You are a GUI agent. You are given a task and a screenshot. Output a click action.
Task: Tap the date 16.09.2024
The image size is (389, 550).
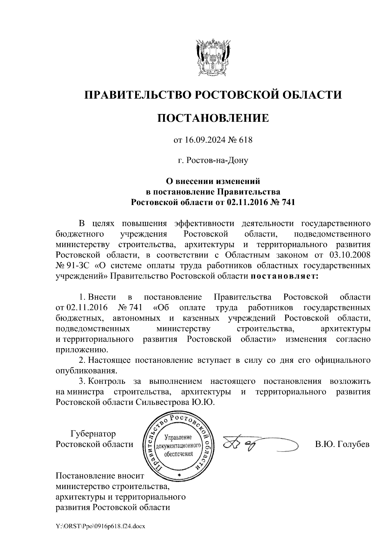(x=201, y=140)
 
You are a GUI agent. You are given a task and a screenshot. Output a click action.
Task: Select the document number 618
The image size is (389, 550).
(x=245, y=140)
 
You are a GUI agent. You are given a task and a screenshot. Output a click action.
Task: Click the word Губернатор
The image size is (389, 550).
(x=93, y=433)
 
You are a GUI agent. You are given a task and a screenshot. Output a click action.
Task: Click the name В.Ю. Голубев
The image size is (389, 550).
(x=342, y=444)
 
